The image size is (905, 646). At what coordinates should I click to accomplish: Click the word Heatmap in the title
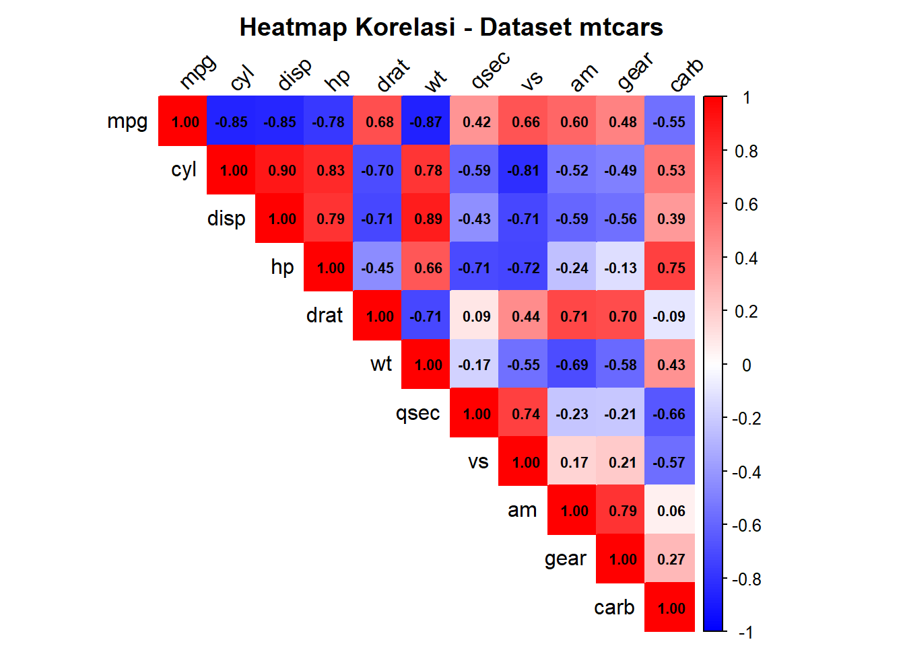[294, 28]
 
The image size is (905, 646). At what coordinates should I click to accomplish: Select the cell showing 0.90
[282, 170]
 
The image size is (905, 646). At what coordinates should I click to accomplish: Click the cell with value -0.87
[426, 122]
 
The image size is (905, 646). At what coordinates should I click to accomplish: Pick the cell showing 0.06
[671, 511]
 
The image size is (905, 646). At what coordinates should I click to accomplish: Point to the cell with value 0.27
[671, 559]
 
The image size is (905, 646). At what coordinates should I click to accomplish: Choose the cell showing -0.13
[620, 268]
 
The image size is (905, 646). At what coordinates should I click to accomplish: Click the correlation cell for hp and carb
[671, 268]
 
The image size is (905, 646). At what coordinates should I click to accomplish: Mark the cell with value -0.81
[523, 170]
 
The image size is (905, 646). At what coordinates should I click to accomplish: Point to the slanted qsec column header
[490, 70]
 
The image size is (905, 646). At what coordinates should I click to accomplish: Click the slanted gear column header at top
[635, 71]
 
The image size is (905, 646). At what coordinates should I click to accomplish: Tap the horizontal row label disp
[226, 219]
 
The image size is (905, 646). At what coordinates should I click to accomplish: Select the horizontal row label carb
[614, 608]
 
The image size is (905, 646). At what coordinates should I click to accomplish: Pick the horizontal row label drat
[325, 316]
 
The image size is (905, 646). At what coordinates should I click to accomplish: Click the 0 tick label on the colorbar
[746, 365]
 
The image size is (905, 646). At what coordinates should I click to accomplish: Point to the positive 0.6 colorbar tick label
[746, 205]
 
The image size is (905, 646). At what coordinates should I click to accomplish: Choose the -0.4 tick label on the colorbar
[746, 472]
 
